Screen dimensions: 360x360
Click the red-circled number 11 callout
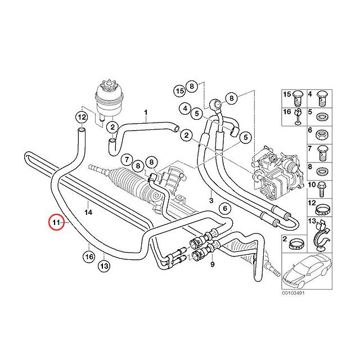56,223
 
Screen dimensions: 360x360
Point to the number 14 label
88,212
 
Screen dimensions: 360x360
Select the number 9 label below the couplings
213,264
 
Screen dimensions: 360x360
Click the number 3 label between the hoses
211,200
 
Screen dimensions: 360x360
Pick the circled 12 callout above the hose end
82,118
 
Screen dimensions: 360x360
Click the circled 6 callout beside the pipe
224,209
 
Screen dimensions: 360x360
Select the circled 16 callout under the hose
88,257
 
